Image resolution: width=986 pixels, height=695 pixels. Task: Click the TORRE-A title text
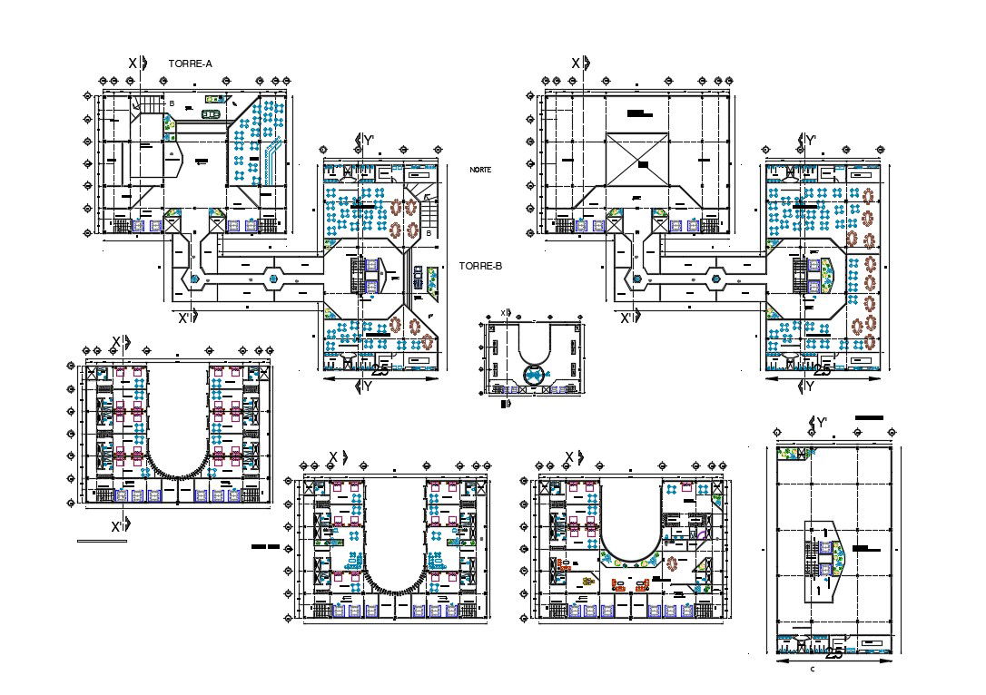191,64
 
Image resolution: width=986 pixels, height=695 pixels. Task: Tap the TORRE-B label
481,267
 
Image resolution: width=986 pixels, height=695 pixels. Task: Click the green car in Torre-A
211,114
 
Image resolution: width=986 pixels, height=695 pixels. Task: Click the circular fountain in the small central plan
534,373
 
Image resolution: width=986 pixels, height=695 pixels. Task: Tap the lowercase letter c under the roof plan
811,669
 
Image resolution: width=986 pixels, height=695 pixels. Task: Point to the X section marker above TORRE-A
133,64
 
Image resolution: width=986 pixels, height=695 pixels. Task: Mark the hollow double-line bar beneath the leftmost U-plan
102,542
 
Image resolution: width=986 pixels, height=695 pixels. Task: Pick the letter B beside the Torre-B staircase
429,233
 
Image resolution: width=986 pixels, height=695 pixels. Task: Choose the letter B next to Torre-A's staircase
172,104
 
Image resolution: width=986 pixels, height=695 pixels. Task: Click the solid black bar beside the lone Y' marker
869,416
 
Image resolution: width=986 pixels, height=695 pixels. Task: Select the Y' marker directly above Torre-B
366,140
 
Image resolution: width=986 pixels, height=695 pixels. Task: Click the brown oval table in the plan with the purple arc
672,563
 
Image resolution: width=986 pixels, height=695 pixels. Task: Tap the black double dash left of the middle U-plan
264,547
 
